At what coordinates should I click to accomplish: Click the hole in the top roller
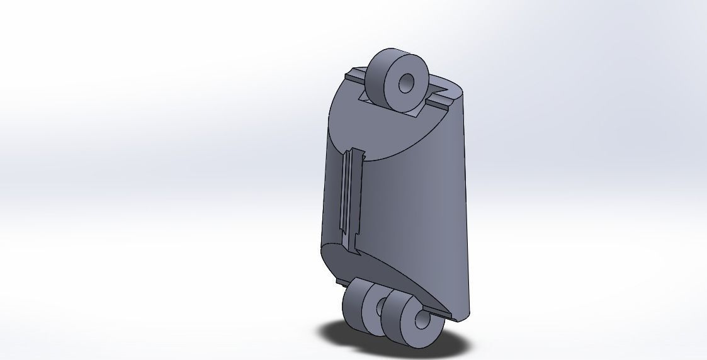(407, 82)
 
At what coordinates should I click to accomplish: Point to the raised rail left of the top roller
(356, 78)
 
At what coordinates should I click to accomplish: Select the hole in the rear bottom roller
(381, 308)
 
